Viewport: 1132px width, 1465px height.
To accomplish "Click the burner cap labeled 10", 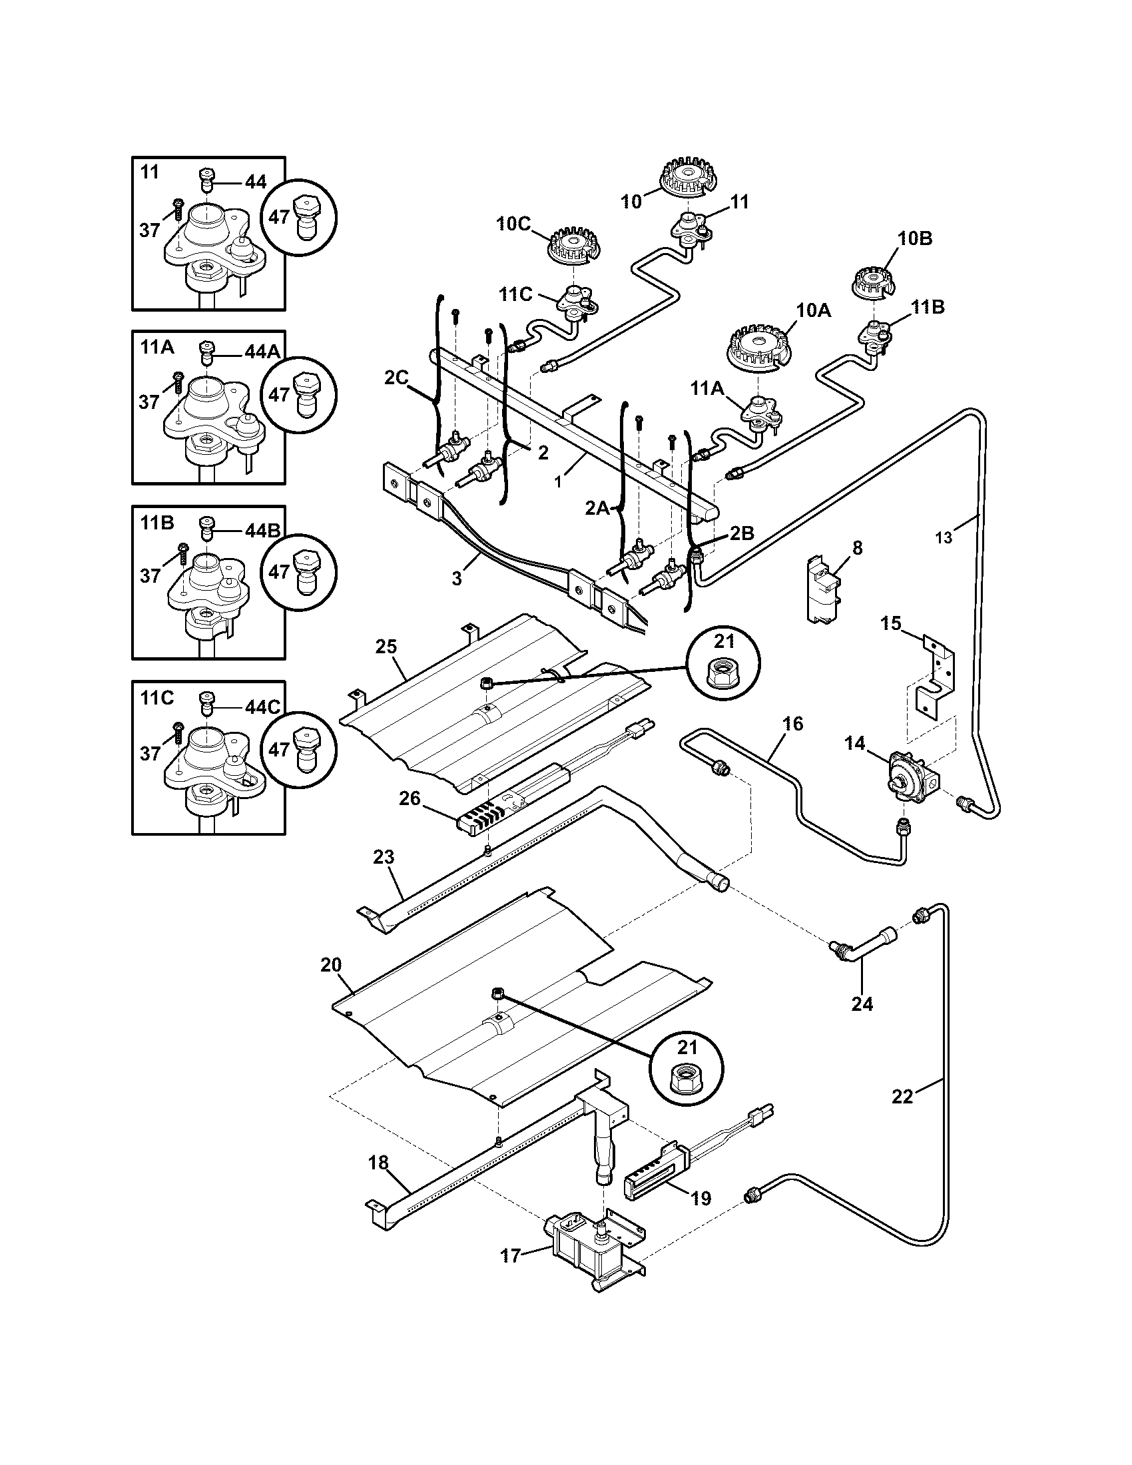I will pyautogui.click(x=686, y=180).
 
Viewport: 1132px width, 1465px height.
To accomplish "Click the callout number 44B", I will pyautogui.click(x=262, y=531).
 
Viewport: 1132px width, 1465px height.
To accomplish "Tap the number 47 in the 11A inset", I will pyautogui.click(x=279, y=394).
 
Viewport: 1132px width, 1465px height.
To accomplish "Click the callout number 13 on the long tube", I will pyautogui.click(x=944, y=537).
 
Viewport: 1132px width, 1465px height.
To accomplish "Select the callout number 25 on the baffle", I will pyautogui.click(x=386, y=647).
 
